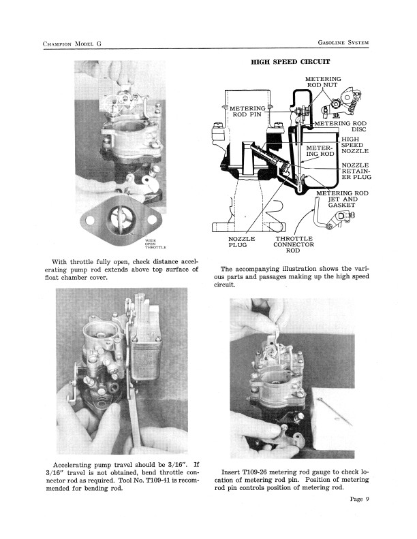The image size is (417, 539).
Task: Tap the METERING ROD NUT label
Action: click(323, 82)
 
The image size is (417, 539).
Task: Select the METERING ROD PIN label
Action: click(247, 112)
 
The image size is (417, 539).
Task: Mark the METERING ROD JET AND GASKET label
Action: click(343, 199)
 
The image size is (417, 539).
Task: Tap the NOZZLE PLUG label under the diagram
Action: click(241, 242)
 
